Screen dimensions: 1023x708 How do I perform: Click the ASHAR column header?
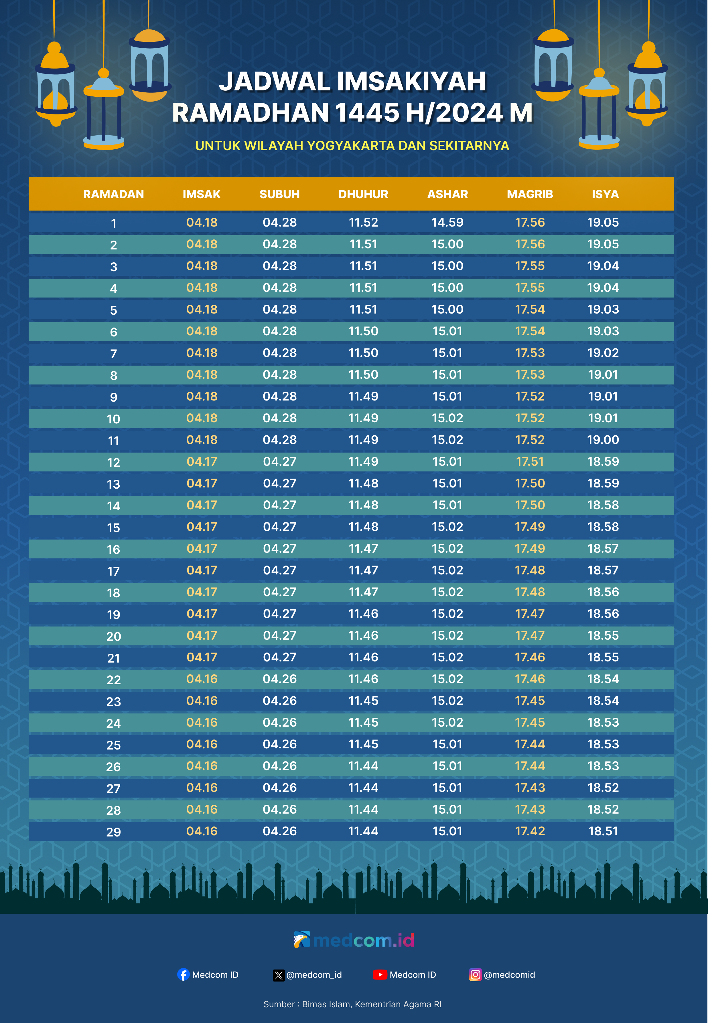447,194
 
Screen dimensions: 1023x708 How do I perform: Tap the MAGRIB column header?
530,194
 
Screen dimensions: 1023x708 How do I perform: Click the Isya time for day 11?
603,440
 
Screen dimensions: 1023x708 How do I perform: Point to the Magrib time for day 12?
530,461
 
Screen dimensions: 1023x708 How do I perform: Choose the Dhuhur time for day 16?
363,548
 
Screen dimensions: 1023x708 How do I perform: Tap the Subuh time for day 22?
279,679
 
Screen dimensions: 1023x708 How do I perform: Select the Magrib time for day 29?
530,831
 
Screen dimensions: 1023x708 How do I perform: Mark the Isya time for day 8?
603,374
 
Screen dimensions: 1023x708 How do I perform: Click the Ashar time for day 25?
447,744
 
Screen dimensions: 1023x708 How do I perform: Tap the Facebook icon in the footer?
183,975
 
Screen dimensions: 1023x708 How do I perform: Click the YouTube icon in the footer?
380,975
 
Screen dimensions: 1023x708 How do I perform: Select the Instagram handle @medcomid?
509,975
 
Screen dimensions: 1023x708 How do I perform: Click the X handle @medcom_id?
314,975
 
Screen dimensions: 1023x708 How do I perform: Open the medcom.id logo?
354,940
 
